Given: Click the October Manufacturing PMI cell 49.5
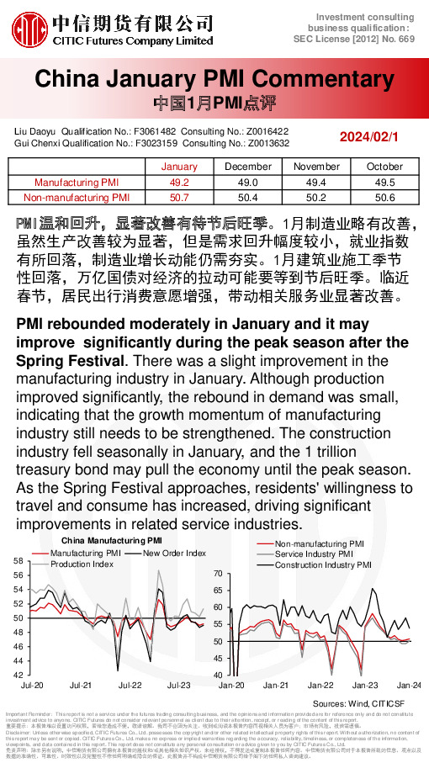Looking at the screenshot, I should click(385, 182).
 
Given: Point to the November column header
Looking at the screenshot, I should click(316, 167).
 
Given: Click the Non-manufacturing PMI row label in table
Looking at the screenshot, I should click(77, 197).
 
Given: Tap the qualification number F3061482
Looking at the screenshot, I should click(155, 132).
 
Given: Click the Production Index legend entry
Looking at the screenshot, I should click(82, 564).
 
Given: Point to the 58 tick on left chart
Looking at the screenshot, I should click(18, 559).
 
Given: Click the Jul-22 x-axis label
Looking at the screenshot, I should click(130, 686).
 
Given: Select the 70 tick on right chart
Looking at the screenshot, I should click(218, 573).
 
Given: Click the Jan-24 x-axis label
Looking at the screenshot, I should click(410, 686).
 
